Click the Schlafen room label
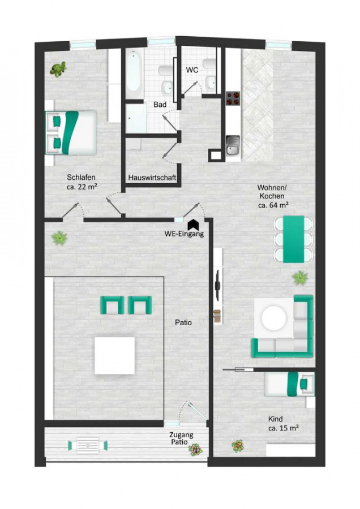[x=82, y=177]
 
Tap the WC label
[x=192, y=70]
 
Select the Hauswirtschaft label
[x=152, y=178]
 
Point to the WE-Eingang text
[x=184, y=234]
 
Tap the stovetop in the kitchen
[x=233, y=98]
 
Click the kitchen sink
[x=233, y=145]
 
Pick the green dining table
[x=294, y=239]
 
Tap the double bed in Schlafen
[x=71, y=133]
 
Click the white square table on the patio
[x=115, y=356]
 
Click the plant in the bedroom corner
[x=58, y=69]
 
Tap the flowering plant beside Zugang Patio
[x=195, y=449]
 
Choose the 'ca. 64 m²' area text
[x=273, y=205]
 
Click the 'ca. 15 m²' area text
[x=284, y=428]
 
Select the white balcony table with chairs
[x=88, y=445]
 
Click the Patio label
[x=183, y=322]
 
